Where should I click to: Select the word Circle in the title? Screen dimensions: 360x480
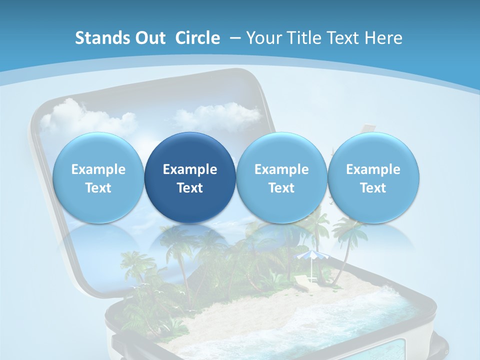pyautogui.click(x=197, y=38)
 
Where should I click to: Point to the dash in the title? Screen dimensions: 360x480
pyautogui.click(x=235, y=38)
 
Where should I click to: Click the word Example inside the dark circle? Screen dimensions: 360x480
pyautogui.click(x=190, y=169)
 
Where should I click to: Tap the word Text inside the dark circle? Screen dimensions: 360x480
pyautogui.click(x=190, y=188)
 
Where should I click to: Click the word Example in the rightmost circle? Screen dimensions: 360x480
pyautogui.click(x=373, y=169)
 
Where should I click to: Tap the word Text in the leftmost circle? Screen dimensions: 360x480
pyautogui.click(x=98, y=188)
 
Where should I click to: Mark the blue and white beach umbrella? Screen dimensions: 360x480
pyautogui.click(x=309, y=257)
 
